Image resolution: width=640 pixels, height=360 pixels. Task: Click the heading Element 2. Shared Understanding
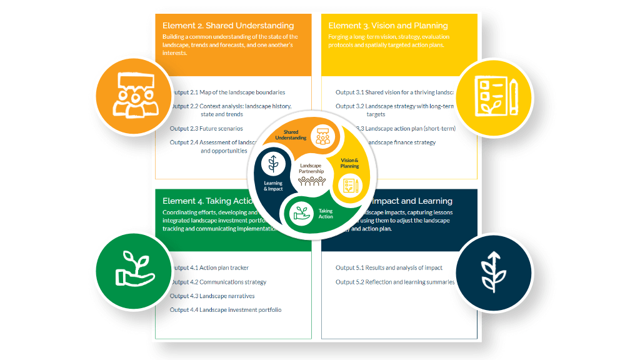click(x=228, y=26)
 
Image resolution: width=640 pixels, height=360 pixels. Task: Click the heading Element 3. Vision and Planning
click(x=388, y=26)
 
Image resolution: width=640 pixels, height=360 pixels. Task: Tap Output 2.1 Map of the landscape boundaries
click(x=229, y=92)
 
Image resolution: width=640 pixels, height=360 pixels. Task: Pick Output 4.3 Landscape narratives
click(x=213, y=296)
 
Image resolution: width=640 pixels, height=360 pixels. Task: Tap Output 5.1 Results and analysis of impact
click(x=389, y=268)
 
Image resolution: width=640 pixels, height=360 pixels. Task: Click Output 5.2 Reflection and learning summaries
click(x=395, y=282)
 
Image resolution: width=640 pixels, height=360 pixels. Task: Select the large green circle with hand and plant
click(x=134, y=272)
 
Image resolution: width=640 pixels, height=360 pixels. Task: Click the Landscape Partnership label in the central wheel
click(x=310, y=169)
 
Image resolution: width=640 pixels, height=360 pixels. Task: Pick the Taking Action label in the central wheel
click(x=326, y=214)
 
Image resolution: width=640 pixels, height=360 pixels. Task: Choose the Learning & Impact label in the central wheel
click(x=273, y=186)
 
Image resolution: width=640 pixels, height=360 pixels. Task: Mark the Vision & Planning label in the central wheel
click(x=349, y=163)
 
